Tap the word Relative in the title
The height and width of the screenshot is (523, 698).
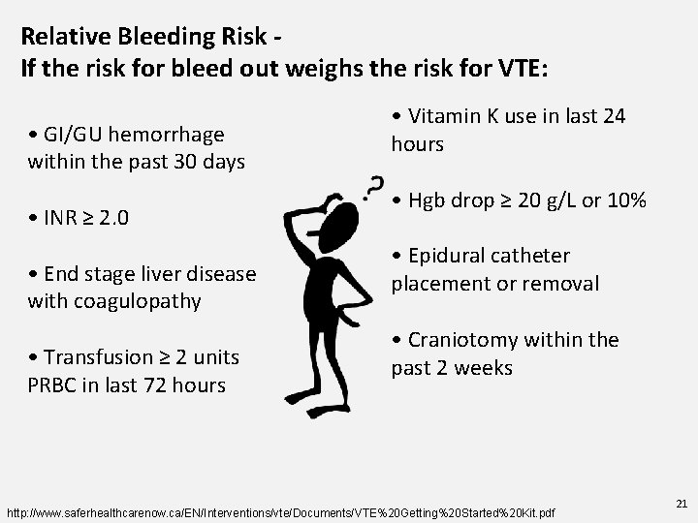[62, 38]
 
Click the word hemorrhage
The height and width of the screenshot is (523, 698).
[172, 134]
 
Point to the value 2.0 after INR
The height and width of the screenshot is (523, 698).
[113, 218]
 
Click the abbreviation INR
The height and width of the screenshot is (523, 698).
[61, 218]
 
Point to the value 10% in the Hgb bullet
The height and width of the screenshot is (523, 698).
[626, 201]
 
